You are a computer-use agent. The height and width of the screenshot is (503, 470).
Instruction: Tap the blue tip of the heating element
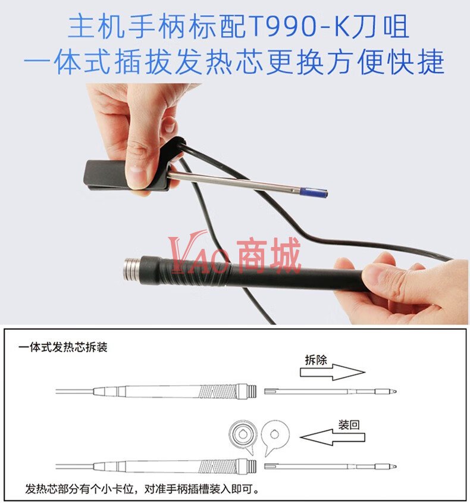pyautogui.click(x=313, y=192)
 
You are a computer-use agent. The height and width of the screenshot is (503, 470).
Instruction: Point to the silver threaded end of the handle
pyautogui.click(x=131, y=269)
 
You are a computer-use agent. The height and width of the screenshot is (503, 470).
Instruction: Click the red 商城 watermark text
pyautogui.click(x=270, y=255)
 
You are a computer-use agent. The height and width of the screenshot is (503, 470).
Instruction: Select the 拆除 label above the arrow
pyautogui.click(x=316, y=360)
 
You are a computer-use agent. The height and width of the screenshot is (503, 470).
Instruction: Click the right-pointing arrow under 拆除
pyautogui.click(x=333, y=372)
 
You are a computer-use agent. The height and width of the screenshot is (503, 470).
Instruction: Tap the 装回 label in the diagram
pyautogui.click(x=349, y=425)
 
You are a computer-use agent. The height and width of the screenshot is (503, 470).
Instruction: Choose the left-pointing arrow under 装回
pyautogui.click(x=333, y=438)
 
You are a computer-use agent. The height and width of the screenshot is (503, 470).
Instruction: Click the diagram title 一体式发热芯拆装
pyautogui.click(x=63, y=347)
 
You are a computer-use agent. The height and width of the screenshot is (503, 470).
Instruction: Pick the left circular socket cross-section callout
pyautogui.click(x=243, y=436)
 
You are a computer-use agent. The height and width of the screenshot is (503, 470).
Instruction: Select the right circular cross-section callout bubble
pyautogui.click(x=275, y=436)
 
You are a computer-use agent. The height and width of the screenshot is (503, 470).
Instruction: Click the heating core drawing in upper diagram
pyautogui.click(x=330, y=391)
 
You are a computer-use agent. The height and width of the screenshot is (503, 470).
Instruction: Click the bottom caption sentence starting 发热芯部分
pyautogui.click(x=142, y=489)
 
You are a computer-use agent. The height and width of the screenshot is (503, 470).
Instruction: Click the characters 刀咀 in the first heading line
pyautogui.click(x=381, y=27)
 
